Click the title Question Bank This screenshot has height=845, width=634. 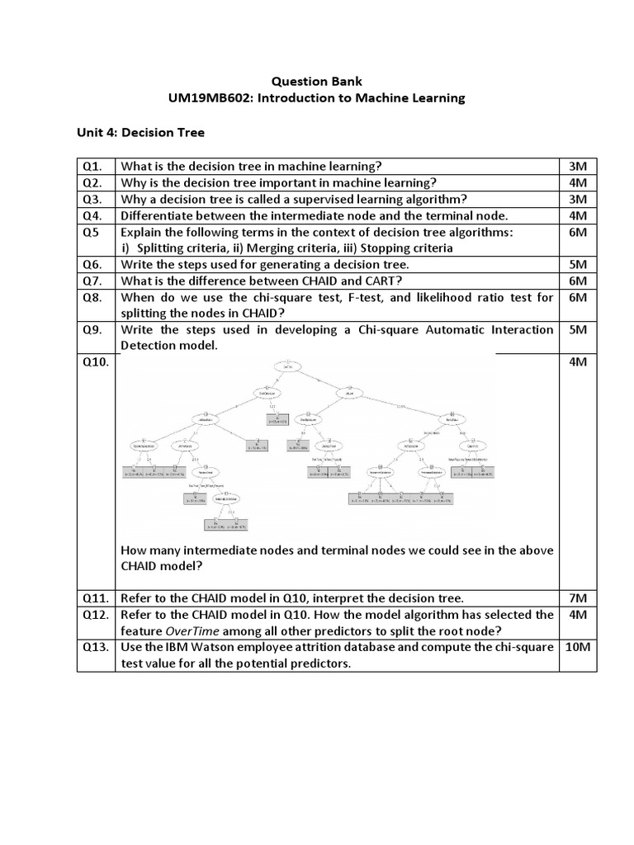pyautogui.click(x=317, y=82)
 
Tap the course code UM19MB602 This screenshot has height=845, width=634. pyautogui.click(x=206, y=98)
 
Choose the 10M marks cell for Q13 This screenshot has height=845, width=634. pyautogui.click(x=577, y=647)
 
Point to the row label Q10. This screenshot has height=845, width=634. pyautogui.click(x=94, y=362)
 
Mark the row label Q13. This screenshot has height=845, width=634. pyautogui.click(x=95, y=647)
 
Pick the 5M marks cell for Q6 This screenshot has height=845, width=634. pyautogui.click(x=577, y=264)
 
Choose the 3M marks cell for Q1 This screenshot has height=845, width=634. pyautogui.click(x=577, y=166)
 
